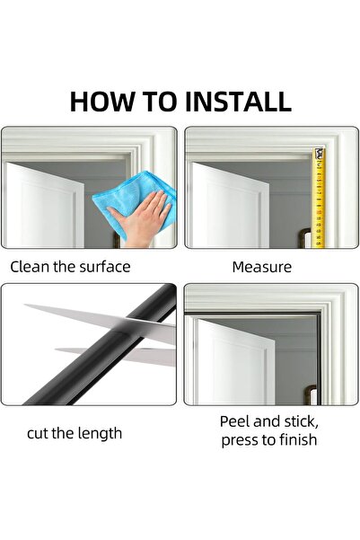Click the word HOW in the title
click(101, 101)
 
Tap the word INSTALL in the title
click(238, 101)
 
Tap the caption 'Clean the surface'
click(71, 267)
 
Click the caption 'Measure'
click(261, 267)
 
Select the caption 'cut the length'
click(75, 433)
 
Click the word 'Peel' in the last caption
click(236, 421)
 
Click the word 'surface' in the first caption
click(104, 267)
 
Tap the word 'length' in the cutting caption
click(98, 433)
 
